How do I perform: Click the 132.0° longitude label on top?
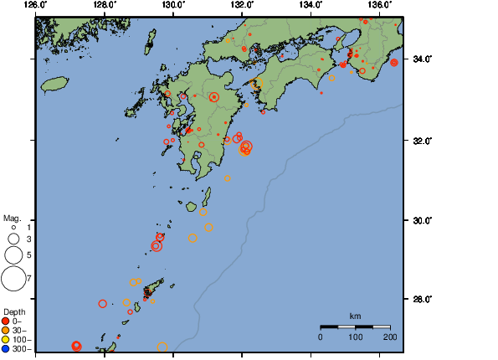pyautogui.click(x=241, y=5)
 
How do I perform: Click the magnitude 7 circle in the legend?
pyautogui.click(x=13, y=277)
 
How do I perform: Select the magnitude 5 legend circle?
pyautogui.click(x=13, y=254)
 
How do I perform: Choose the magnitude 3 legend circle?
pyautogui.click(x=13, y=239)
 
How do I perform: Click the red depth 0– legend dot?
pyautogui.click(x=6, y=321)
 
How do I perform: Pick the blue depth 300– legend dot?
pyautogui.click(x=6, y=348)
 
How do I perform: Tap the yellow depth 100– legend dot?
pyautogui.click(x=6, y=339)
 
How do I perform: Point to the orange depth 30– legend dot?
pyautogui.click(x=6, y=330)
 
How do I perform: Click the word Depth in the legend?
pyautogui.click(x=14, y=311)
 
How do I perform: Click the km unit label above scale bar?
pyautogui.click(x=355, y=316)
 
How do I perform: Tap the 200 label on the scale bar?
pyautogui.click(x=390, y=336)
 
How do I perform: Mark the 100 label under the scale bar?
pyautogui.click(x=355, y=336)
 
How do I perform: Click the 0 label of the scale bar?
pyautogui.click(x=321, y=336)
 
